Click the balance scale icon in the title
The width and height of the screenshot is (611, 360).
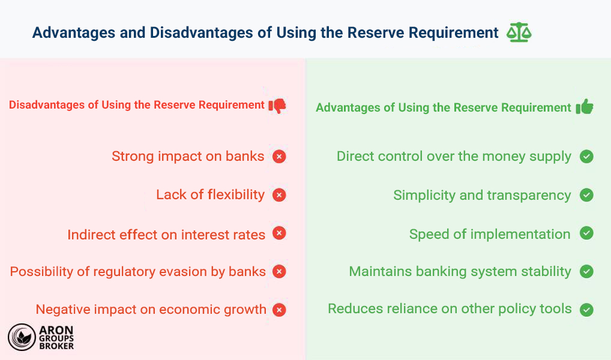[519, 32]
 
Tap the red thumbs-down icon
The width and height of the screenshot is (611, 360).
[277, 106]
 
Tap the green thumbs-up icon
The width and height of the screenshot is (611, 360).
[585, 107]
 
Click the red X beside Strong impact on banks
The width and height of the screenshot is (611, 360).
[279, 157]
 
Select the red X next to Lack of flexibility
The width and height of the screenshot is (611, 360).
[279, 195]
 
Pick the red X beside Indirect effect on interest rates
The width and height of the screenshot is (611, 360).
[279, 233]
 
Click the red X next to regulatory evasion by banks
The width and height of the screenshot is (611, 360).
[279, 271]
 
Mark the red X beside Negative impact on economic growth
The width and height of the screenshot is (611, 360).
[279, 310]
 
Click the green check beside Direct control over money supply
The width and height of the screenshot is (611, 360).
[586, 157]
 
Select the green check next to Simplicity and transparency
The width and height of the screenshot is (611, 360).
[586, 195]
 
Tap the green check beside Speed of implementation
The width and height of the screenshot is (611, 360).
[586, 233]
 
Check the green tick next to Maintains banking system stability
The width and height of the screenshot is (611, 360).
[586, 271]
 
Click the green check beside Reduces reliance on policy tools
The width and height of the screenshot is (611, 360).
[586, 310]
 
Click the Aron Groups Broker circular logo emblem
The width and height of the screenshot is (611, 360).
[22, 337]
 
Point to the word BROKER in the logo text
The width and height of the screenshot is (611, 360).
[58, 346]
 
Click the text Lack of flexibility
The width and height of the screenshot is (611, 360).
[210, 194]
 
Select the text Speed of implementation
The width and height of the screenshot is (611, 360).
[490, 234]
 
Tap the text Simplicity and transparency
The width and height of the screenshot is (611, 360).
[482, 195]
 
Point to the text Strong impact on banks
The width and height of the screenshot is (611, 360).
[188, 156]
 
